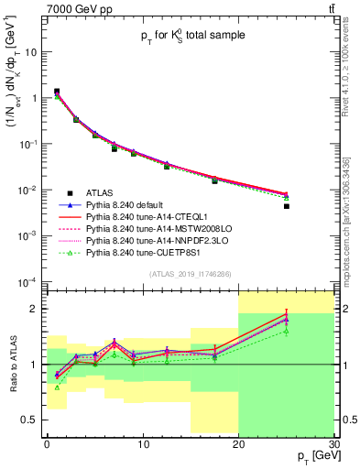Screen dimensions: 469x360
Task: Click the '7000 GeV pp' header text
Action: coord(74,9)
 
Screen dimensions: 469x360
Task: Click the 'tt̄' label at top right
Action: coord(329,9)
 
